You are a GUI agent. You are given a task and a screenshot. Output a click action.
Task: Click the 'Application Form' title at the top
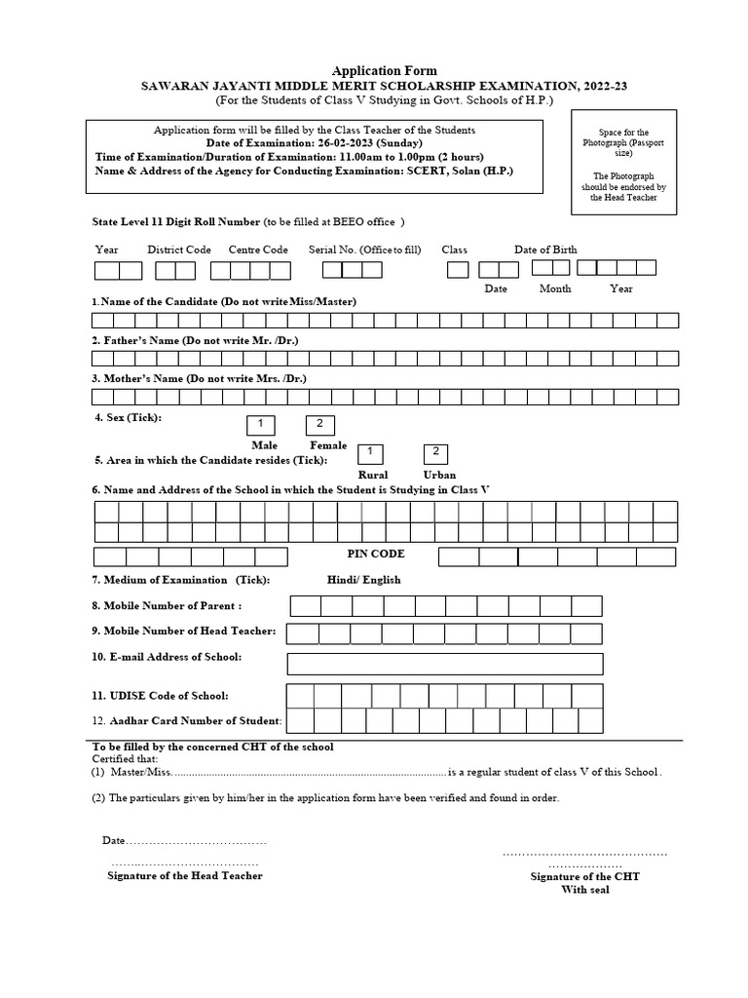[x=385, y=70]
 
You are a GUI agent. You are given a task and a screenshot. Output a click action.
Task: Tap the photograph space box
[x=623, y=165]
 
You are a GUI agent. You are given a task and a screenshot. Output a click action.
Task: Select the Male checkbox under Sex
[x=261, y=424]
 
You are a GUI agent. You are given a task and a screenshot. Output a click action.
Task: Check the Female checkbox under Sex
[x=320, y=424]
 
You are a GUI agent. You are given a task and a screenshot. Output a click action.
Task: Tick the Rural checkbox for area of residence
[x=370, y=453]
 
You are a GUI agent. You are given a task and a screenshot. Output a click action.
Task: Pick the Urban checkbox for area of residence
[x=436, y=453]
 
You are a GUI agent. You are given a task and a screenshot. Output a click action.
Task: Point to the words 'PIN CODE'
[x=376, y=554]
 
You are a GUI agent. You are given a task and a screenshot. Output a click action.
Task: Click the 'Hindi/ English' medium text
[x=363, y=580]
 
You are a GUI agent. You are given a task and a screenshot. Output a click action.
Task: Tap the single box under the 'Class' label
[x=457, y=270]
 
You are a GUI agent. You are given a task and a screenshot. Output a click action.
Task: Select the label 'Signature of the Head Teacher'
[x=184, y=875]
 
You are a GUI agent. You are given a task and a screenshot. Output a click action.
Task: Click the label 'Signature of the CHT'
[x=584, y=876]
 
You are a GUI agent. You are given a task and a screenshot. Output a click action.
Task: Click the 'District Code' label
[x=179, y=249]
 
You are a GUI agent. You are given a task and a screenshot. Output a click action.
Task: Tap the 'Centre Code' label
[x=258, y=249]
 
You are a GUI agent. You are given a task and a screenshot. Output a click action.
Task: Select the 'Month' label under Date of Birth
[x=555, y=288]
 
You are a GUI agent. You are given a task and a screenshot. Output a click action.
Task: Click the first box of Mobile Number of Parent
[x=306, y=606]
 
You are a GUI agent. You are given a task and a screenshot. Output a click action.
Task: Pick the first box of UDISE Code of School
[x=301, y=695]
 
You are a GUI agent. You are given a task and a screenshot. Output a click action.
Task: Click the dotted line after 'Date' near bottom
[x=196, y=841]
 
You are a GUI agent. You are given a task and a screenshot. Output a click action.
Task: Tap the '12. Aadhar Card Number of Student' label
[x=187, y=720]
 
